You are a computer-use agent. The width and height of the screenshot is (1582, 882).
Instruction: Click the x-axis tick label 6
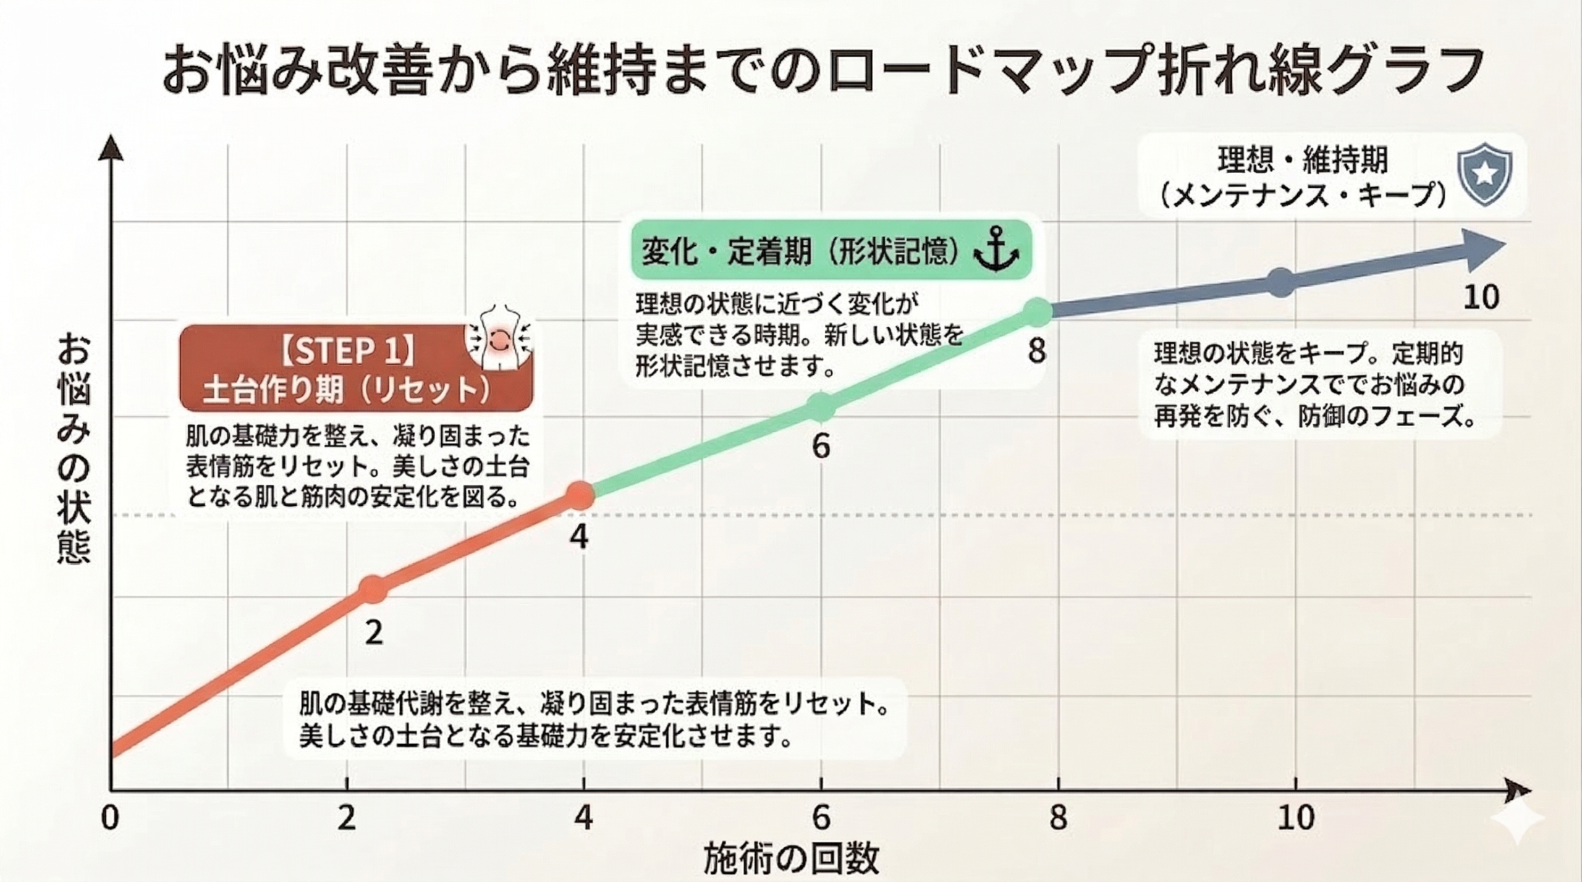click(x=821, y=818)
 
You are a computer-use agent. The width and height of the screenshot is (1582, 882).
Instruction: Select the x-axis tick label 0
click(x=110, y=818)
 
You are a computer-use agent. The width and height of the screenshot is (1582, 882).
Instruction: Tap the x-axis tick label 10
click(x=1296, y=818)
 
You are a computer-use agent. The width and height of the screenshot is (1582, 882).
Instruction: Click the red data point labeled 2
click(x=373, y=590)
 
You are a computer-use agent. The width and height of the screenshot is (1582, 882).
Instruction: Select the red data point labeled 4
click(x=579, y=495)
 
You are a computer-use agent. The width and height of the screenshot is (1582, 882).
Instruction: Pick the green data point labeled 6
click(x=821, y=407)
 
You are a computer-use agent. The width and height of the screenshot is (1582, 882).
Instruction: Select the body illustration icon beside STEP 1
click(x=499, y=338)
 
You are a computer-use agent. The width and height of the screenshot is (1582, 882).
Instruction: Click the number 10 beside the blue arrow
click(x=1481, y=298)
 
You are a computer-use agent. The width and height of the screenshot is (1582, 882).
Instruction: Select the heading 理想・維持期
click(x=1303, y=159)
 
